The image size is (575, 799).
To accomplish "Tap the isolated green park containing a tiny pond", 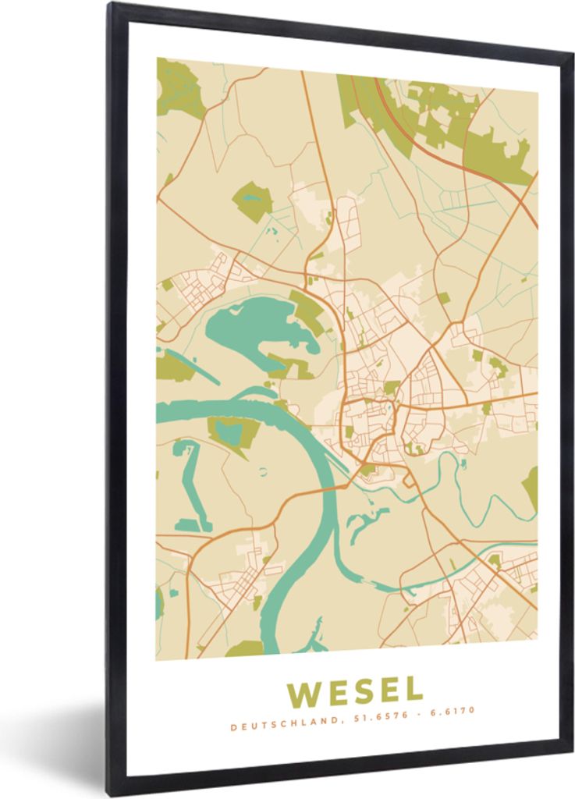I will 253,201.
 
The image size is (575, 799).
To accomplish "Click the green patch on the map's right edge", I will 531,488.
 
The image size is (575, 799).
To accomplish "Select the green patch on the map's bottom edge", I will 244,649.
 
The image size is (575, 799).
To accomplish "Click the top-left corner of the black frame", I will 112,6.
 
